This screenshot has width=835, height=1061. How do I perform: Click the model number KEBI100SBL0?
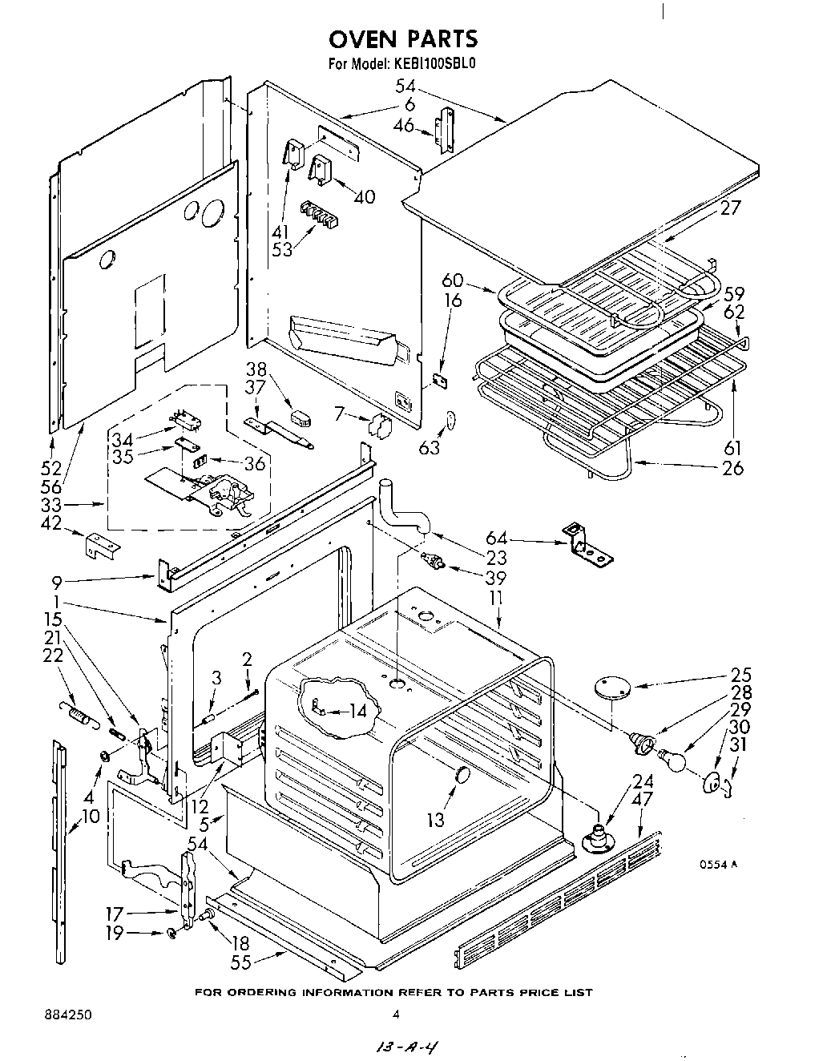[x=438, y=67]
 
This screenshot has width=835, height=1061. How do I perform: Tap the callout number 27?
[x=730, y=208]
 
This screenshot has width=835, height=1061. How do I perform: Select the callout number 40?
[x=364, y=196]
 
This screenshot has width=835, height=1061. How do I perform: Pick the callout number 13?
[x=435, y=821]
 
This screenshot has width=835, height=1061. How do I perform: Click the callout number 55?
[x=241, y=963]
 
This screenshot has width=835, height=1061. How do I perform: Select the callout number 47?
[x=642, y=799]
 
